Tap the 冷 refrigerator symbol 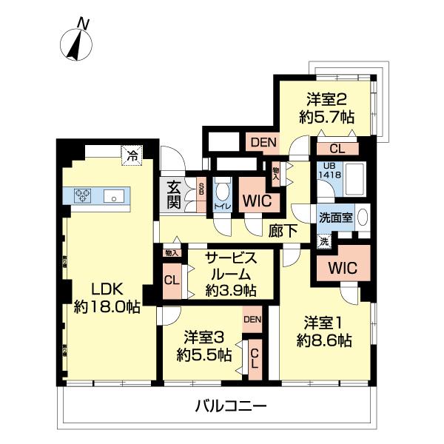click(131, 155)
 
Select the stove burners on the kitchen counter click(82, 196)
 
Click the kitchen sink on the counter click(115, 196)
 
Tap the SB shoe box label click(201, 188)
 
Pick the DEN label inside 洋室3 click(252, 319)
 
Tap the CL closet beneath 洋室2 click(335, 149)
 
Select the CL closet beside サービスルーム click(171, 280)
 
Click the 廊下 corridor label click(283, 230)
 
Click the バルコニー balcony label click(231, 406)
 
